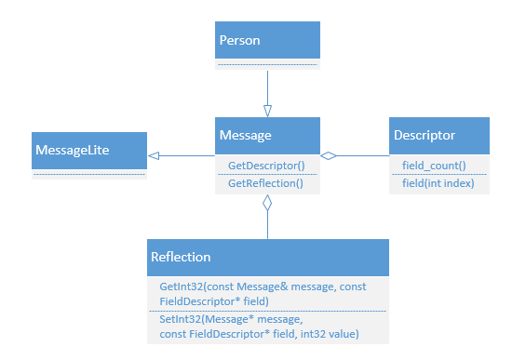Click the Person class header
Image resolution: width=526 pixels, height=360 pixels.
point(267,41)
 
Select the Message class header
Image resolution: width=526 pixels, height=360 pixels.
point(267,136)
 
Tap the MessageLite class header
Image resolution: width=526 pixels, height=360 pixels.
point(88,149)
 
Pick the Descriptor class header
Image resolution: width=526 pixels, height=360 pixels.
point(438,136)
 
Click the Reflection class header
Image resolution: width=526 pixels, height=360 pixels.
point(267,257)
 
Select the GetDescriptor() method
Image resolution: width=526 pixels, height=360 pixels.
point(265,165)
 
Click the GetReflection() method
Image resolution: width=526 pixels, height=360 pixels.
point(265,183)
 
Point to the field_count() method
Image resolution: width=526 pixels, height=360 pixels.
point(434,165)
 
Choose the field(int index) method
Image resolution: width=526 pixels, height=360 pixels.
point(438,183)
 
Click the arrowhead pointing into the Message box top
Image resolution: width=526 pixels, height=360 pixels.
point(267,111)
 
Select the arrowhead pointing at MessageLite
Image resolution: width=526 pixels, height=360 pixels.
point(154,155)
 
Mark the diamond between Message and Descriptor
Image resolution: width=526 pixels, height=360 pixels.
point(328,155)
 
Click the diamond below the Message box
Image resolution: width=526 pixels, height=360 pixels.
point(267,203)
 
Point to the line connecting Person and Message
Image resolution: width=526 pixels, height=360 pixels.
point(267,87)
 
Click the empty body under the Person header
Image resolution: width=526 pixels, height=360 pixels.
point(267,64)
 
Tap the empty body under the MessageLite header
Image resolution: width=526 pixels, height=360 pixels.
point(88,174)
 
